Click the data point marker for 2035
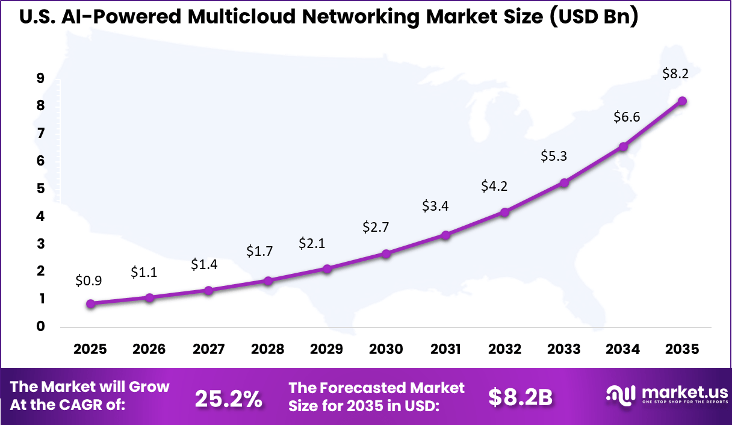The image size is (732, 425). (682, 101)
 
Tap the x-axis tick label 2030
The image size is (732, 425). (386, 350)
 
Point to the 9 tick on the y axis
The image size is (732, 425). (40, 78)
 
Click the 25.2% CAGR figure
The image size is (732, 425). (229, 398)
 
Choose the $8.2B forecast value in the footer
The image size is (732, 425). (520, 397)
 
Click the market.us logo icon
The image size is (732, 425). (621, 394)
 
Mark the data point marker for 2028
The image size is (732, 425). (268, 281)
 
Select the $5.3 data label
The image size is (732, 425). (553, 157)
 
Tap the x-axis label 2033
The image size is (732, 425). (564, 350)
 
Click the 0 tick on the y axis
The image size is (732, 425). (40, 327)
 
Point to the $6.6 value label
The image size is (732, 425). (627, 117)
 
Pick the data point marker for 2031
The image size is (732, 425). (445, 235)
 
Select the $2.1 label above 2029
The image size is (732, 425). (312, 243)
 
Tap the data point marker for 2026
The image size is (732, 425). (150, 297)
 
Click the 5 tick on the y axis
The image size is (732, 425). (40, 188)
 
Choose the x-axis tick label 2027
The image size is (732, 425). (208, 350)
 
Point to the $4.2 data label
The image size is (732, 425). (494, 186)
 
